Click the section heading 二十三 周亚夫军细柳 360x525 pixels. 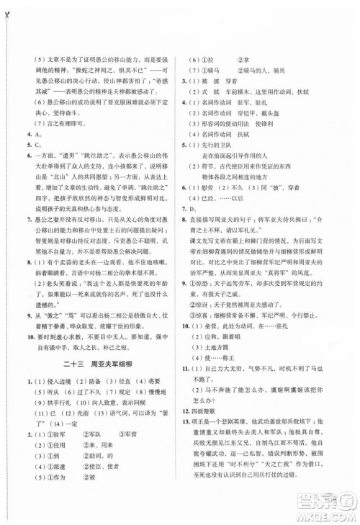click(x=91, y=344)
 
